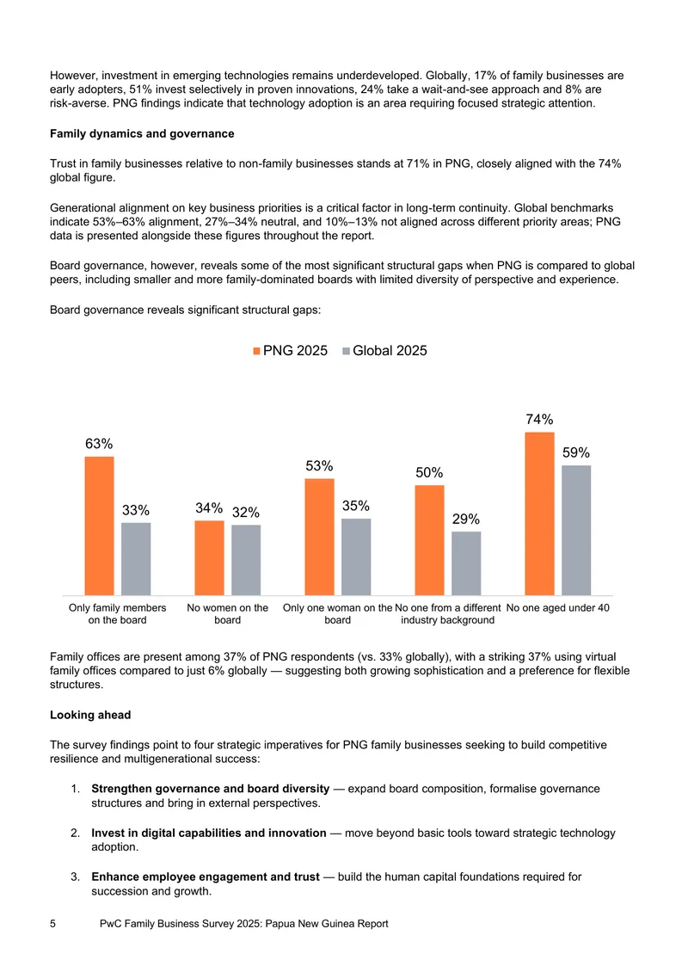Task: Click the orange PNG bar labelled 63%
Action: click(x=99, y=526)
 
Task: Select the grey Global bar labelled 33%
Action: click(x=136, y=559)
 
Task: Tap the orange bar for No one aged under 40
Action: click(x=539, y=514)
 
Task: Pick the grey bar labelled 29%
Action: click(x=466, y=563)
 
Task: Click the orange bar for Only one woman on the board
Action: click(x=319, y=537)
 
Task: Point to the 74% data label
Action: click(x=539, y=420)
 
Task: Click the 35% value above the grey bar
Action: click(x=356, y=506)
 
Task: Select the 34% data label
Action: click(x=209, y=508)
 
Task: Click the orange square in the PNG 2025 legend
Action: click(x=256, y=352)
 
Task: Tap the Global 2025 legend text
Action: click(x=390, y=351)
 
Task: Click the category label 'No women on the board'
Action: click(x=228, y=613)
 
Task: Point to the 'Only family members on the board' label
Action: click(x=117, y=613)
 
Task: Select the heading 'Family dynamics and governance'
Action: click(x=142, y=134)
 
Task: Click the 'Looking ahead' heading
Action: click(x=90, y=715)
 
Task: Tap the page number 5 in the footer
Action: click(x=52, y=924)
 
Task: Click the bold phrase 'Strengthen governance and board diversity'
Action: click(x=210, y=789)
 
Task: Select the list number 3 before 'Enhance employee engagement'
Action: click(x=75, y=877)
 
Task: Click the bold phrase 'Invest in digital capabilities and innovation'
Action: click(x=209, y=834)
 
